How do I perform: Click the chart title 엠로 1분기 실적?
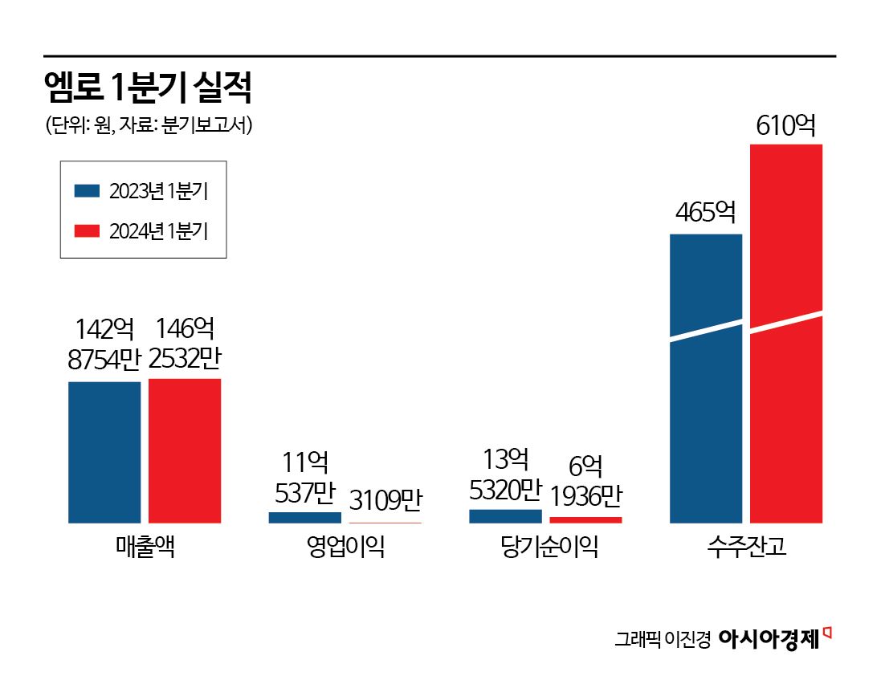(x=149, y=89)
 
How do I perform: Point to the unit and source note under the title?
(x=149, y=126)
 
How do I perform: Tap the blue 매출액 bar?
(x=104, y=452)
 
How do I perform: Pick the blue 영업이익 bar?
(x=304, y=518)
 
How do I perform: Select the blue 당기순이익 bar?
(x=505, y=516)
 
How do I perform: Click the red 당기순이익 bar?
(x=585, y=520)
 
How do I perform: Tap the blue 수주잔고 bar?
(x=706, y=378)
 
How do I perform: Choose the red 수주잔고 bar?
(x=786, y=333)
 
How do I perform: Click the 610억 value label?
(x=786, y=125)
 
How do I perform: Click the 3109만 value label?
(x=385, y=502)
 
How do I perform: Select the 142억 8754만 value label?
(x=104, y=344)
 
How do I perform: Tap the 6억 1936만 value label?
(x=585, y=482)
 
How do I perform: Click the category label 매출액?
(x=145, y=548)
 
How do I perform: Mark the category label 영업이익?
(x=345, y=548)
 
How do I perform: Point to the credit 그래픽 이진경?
(x=663, y=640)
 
